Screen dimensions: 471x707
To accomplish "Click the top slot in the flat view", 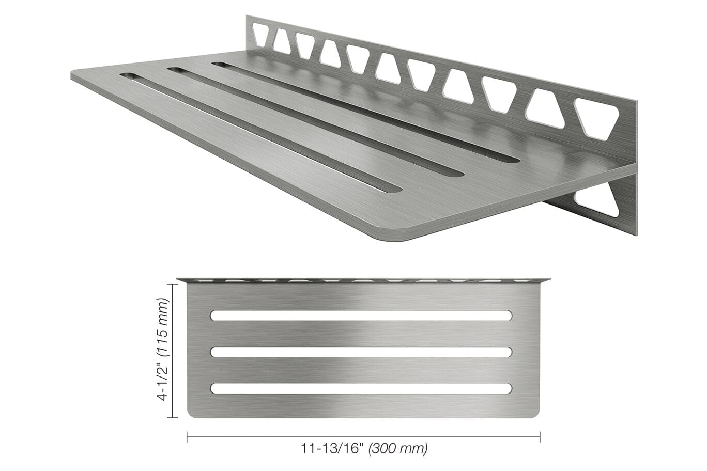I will click(361, 315).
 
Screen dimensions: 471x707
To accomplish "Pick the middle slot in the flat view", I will click(361, 352).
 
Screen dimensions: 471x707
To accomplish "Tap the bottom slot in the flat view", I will click(361, 388).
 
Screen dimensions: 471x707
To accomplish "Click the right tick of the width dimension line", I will click(540, 437).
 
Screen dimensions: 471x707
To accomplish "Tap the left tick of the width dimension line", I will click(187, 437).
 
